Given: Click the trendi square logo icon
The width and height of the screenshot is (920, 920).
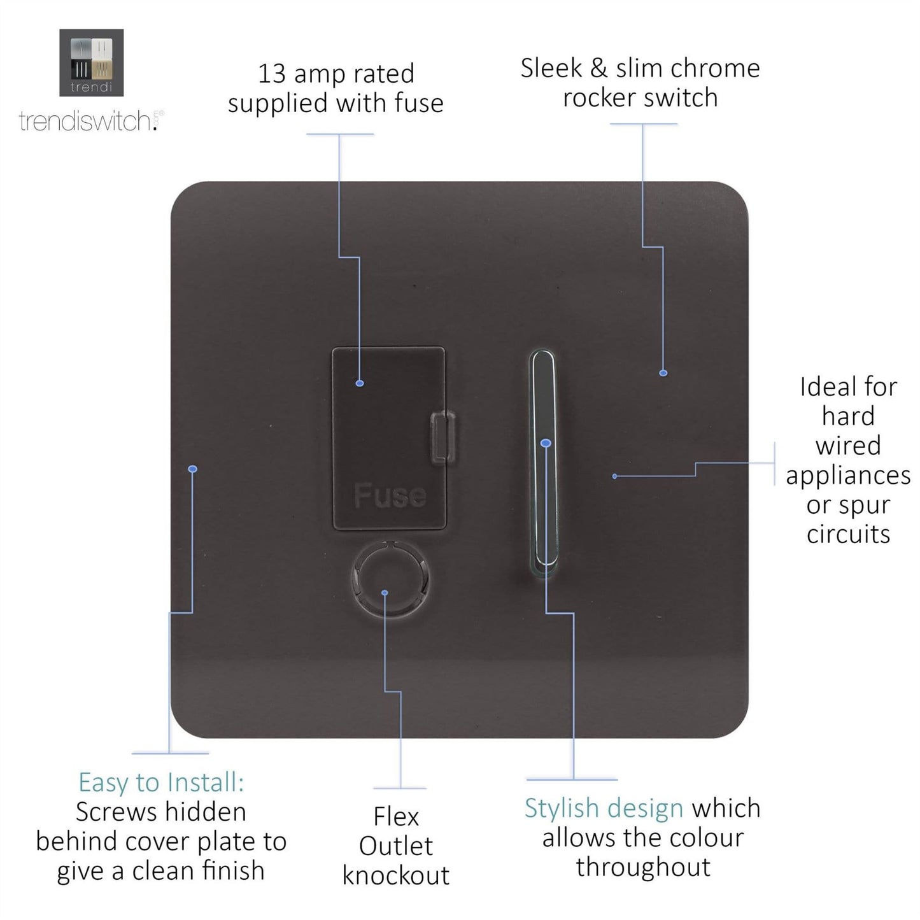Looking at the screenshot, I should pos(91,62).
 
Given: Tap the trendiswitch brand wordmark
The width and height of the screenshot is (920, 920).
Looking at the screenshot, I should pos(86,120).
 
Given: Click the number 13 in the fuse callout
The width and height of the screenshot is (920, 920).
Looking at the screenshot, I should pos(271,74).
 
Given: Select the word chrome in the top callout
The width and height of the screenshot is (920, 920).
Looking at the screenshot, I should pos(715,68).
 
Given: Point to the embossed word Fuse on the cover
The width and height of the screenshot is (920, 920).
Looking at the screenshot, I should pos(390,495).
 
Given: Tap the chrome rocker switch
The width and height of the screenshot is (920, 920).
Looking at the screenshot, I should pos(542,458).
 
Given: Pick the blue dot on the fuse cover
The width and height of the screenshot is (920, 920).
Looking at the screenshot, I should pos(360,383).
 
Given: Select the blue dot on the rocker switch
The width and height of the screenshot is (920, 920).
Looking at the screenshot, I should pos(545,442).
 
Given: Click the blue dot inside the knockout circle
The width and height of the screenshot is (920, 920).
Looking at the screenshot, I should pos(385,593).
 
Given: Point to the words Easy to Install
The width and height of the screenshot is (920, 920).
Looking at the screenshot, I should pos(161,782).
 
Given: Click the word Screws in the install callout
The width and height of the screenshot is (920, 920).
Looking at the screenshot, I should pos(115,812).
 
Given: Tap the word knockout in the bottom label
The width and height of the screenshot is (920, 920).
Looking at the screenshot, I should pos(395,875).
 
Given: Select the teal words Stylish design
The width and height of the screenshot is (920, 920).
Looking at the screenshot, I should pos(604,808).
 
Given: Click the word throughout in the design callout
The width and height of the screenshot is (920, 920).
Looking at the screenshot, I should pos(643,867).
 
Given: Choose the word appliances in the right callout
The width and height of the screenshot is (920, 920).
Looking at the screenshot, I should pos(848,476).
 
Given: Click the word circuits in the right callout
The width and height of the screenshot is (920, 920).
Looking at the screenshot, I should pos(848,534).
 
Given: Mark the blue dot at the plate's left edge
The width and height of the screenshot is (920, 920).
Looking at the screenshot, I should pos(193,469).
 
